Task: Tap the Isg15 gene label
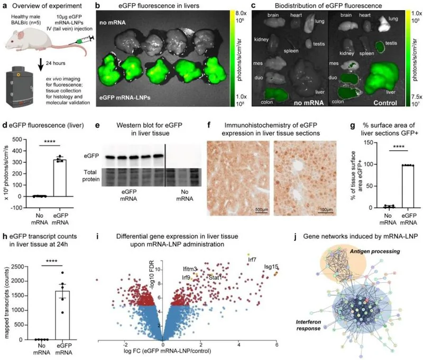[270, 267]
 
